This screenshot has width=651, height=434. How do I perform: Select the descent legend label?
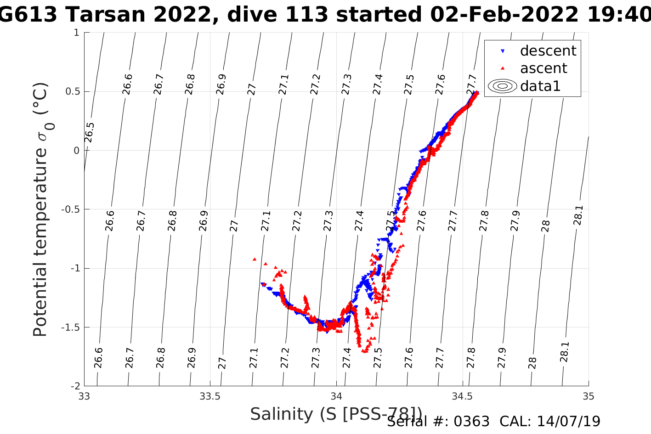(x=548, y=51)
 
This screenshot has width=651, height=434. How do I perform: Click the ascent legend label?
(x=543, y=68)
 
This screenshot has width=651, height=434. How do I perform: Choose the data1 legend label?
(x=540, y=86)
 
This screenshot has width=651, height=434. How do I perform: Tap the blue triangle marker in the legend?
(x=503, y=51)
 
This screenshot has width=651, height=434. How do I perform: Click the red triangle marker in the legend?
(x=503, y=68)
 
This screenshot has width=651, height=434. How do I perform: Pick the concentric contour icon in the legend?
(x=503, y=86)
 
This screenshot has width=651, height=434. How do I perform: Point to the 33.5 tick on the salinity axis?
(x=210, y=396)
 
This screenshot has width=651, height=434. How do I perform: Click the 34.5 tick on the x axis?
(x=462, y=396)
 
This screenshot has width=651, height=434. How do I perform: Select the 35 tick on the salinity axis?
(x=588, y=396)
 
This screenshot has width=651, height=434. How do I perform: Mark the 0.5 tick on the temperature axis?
(x=72, y=91)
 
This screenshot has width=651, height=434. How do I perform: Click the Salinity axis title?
(x=335, y=414)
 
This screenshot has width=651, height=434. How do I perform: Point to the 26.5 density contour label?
(x=90, y=132)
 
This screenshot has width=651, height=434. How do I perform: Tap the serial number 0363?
(x=472, y=422)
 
